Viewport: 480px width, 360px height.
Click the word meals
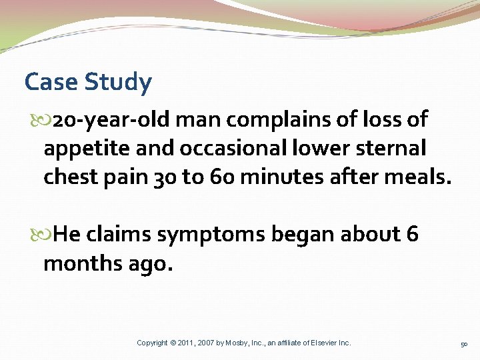pos(421,177)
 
